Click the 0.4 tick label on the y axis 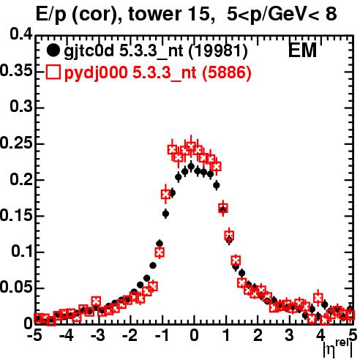click(x=20, y=34)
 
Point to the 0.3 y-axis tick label click(x=20, y=107)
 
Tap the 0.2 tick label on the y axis click(x=20, y=179)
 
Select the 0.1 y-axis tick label click(x=21, y=252)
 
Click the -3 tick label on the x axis click(x=98, y=335)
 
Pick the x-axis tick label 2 click(x=258, y=335)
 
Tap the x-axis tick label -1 click(x=162, y=335)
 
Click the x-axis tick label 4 click(x=321, y=335)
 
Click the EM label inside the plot click(x=302, y=50)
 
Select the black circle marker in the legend click(x=53, y=50)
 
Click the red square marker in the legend click(x=53, y=72)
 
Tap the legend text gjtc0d click(x=89, y=52)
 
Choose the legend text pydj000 click(x=96, y=73)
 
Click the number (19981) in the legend click(x=218, y=51)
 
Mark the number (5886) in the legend click(x=227, y=73)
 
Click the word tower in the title click(x=154, y=14)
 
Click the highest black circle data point click(x=191, y=167)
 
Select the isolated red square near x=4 click(x=318, y=298)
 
